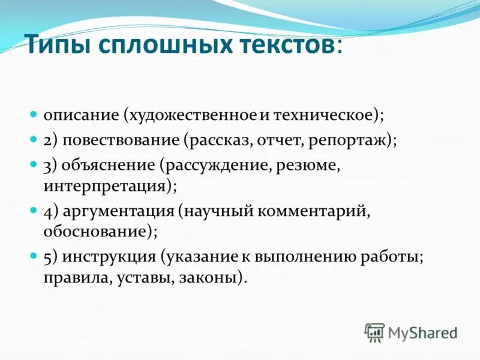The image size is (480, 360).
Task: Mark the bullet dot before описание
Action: (x=34, y=113)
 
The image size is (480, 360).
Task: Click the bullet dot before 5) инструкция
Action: (x=34, y=256)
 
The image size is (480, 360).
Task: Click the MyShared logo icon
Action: (x=374, y=332)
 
